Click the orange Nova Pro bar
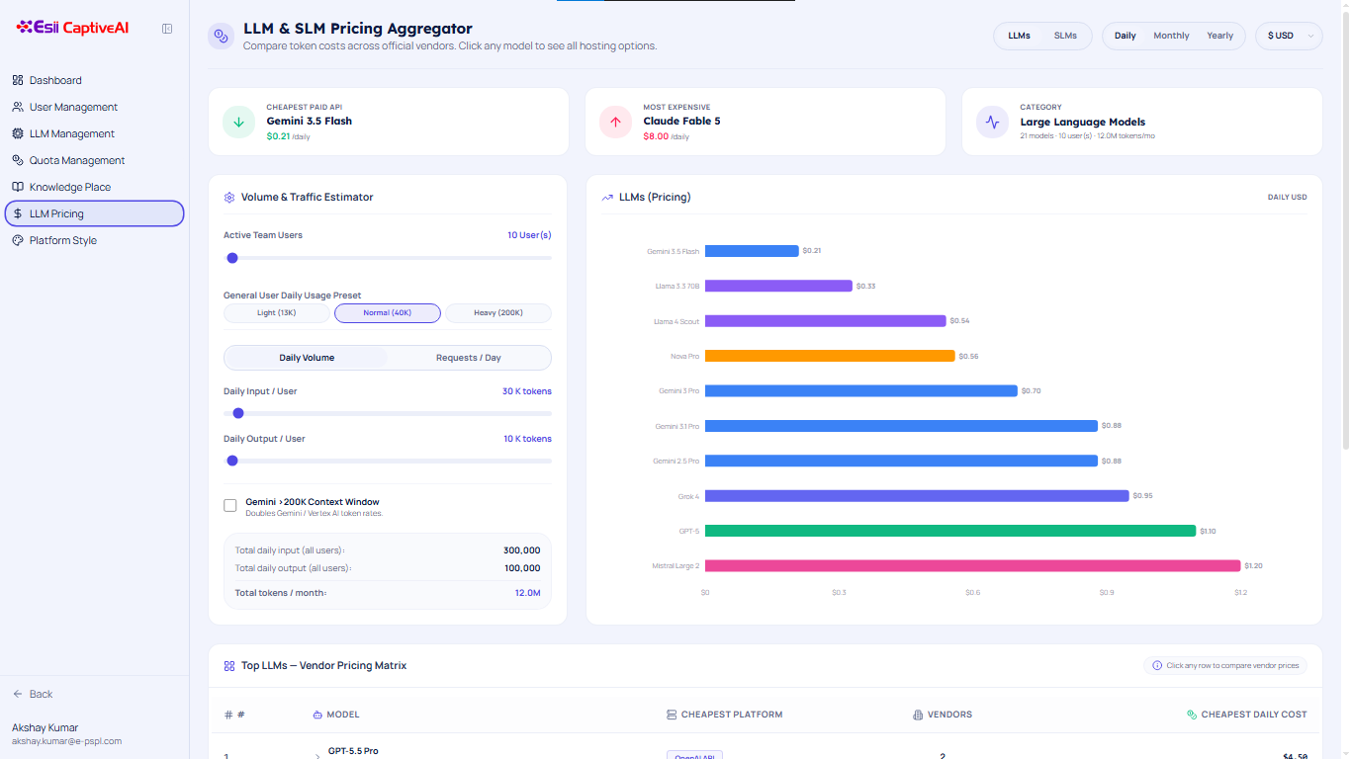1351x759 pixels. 830,356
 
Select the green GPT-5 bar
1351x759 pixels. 950,531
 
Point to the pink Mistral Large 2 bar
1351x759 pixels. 973,565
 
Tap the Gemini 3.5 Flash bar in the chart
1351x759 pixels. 752,251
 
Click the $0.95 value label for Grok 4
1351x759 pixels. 1142,495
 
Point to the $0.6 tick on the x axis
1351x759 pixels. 972,593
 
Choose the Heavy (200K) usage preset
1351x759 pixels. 498,313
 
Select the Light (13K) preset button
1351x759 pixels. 276,313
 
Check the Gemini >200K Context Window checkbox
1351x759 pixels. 229,505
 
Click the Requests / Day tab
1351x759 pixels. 468,358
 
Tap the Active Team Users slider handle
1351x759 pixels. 232,258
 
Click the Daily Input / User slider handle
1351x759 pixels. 238,413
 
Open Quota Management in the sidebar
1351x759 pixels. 76,160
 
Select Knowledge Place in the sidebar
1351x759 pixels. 70,187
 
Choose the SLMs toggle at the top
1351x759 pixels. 1065,36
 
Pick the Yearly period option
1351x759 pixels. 1219,36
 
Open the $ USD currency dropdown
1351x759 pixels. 1289,36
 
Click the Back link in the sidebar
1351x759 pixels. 33,694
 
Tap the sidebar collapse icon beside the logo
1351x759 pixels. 167,29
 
